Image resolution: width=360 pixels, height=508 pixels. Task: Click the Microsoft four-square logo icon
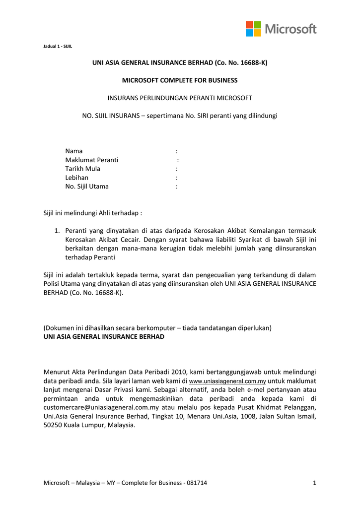(x=253, y=29)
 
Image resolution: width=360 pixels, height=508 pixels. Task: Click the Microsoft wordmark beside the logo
(x=290, y=29)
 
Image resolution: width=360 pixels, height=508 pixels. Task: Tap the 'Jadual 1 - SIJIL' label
(x=58, y=46)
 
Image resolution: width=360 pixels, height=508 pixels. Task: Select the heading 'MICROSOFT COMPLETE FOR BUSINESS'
(x=180, y=80)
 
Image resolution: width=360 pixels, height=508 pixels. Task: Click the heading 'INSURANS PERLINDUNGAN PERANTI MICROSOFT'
(x=180, y=98)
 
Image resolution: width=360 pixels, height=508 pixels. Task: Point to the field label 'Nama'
(x=74, y=151)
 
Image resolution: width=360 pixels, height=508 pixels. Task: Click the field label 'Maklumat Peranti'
(x=92, y=160)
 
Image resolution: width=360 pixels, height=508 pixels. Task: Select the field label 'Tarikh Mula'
(x=82, y=169)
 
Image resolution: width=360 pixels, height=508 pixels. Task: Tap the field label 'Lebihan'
(x=77, y=178)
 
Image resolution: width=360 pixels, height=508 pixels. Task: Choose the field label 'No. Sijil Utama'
(x=87, y=187)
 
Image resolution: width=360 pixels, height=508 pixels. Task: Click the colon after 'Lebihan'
(x=177, y=178)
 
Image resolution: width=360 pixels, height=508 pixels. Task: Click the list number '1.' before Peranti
(x=57, y=231)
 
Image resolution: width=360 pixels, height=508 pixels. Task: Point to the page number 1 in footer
(x=315, y=483)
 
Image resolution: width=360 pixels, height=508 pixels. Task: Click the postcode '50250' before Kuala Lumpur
(x=54, y=426)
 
